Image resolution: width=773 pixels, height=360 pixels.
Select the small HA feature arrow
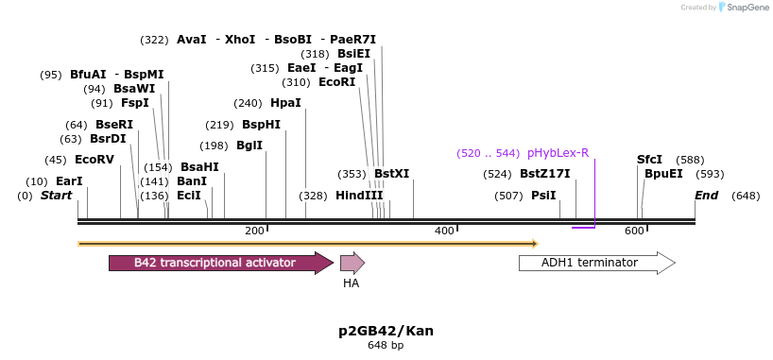(352, 263)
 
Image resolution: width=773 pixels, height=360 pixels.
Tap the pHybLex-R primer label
(558, 153)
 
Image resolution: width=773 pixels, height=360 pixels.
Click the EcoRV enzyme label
(94, 160)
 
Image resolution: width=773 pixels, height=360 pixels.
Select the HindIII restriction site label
(359, 196)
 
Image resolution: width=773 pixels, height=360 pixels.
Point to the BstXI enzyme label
(391, 174)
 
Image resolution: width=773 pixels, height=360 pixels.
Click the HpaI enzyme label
(285, 103)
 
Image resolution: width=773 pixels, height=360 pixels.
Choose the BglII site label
(249, 146)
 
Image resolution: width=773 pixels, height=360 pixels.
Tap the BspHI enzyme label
(261, 125)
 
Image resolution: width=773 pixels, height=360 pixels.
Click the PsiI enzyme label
(543, 196)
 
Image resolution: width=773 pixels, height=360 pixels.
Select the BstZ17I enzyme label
(545, 174)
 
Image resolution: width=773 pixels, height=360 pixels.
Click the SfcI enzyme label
(649, 160)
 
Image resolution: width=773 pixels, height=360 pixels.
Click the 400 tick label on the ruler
(444, 231)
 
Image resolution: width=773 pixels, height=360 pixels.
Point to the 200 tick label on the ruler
(254, 231)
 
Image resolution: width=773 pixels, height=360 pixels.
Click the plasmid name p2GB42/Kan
(386, 331)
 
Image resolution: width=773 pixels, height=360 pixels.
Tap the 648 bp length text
(386, 346)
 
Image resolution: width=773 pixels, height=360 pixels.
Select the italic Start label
(57, 196)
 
